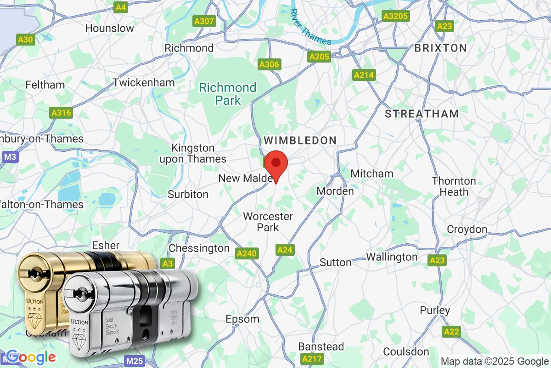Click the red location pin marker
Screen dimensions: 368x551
(276, 164)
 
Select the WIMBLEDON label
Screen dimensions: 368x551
(300, 140)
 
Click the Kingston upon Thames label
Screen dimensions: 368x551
(198, 154)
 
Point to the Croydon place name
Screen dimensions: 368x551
(467, 229)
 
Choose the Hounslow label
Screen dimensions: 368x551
(110, 28)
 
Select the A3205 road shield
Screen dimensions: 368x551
(395, 17)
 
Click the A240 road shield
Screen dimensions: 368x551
(247, 253)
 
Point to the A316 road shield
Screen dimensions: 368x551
(61, 112)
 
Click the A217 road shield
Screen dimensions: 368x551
(312, 358)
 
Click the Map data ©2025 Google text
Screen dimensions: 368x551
(495, 361)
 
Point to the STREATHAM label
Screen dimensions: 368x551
(422, 114)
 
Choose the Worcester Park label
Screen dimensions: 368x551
(268, 221)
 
